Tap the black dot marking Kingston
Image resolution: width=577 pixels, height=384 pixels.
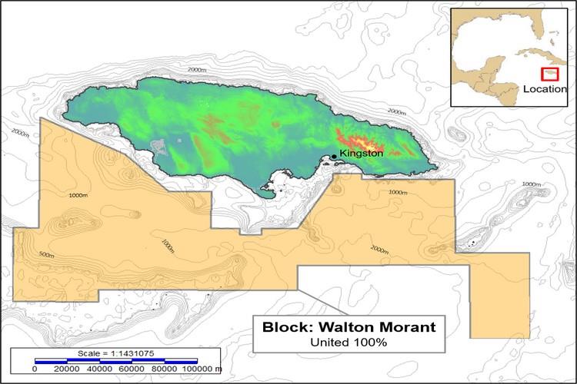pyautogui.click(x=334, y=157)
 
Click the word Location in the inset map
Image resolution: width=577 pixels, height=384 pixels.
pyautogui.click(x=545, y=89)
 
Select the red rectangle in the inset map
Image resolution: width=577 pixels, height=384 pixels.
pyautogui.click(x=549, y=74)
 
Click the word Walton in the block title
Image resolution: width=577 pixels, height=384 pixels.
pyautogui.click(x=333, y=327)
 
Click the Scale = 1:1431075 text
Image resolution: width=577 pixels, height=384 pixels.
pyautogui.click(x=115, y=353)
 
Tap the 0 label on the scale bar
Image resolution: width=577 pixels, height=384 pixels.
pyautogui.click(x=35, y=369)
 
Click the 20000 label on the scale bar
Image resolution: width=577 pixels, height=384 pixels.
pyautogui.click(x=67, y=369)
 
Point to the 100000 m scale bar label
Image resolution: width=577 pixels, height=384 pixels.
pyautogui.click(x=201, y=369)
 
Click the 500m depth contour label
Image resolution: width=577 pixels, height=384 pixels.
pyautogui.click(x=46, y=255)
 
